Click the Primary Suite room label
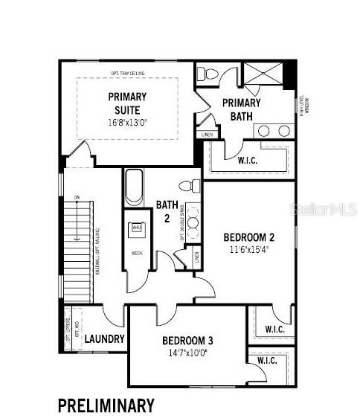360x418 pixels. click(127, 103)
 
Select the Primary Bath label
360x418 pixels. click(241, 109)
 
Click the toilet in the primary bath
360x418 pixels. click(208, 74)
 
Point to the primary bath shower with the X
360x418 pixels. click(263, 76)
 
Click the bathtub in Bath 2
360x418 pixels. click(135, 187)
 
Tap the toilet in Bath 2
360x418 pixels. click(190, 186)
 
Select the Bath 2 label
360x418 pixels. click(165, 211)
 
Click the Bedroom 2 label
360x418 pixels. click(249, 238)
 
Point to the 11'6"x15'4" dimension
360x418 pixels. click(249, 251)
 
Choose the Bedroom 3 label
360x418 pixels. click(187, 341)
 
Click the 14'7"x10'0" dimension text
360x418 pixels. click(187, 353)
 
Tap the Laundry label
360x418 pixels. click(103, 339)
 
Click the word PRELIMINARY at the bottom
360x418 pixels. click(106, 405)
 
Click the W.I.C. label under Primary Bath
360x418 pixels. click(248, 160)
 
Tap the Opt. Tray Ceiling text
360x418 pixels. click(127, 73)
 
